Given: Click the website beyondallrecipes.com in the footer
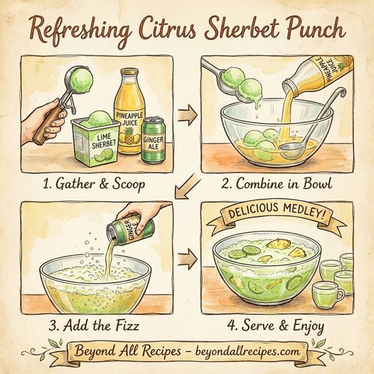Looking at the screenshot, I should pos(238,352).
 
